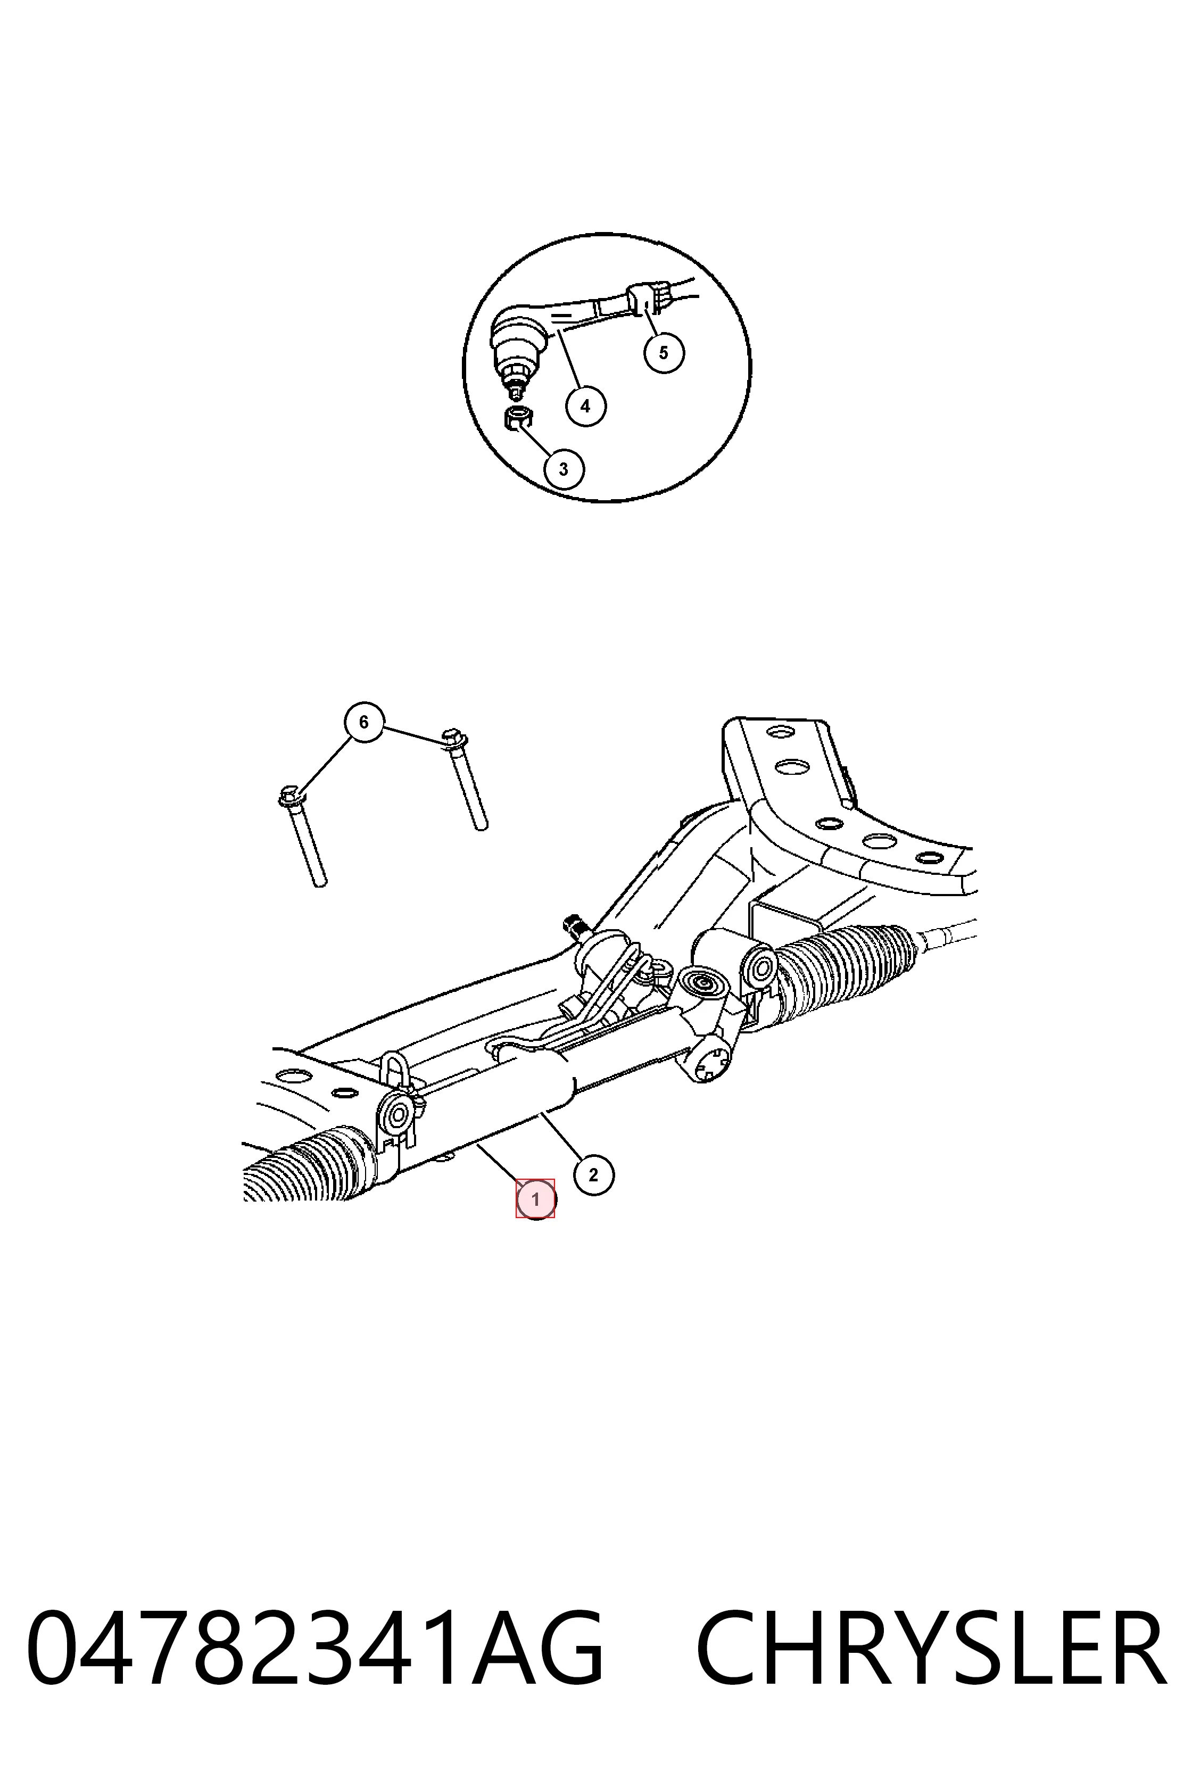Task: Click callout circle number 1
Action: point(536,1199)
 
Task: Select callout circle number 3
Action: point(564,469)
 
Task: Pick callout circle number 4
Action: point(585,406)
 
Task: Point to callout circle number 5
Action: point(664,353)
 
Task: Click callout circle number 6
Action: point(363,722)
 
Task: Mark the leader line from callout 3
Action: point(534,437)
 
